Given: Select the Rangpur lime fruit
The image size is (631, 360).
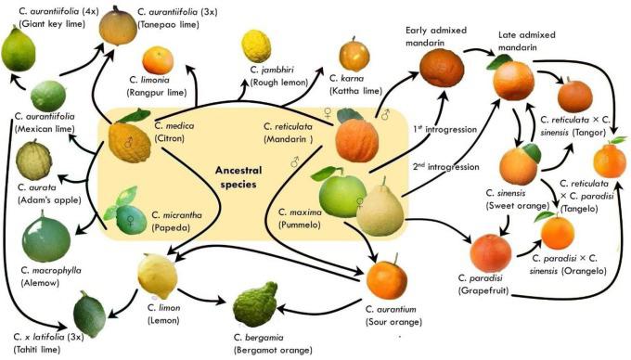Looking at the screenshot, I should [x=158, y=60].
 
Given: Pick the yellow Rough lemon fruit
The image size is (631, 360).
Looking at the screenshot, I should [x=256, y=45].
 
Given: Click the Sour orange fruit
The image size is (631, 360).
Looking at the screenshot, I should [x=384, y=280].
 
